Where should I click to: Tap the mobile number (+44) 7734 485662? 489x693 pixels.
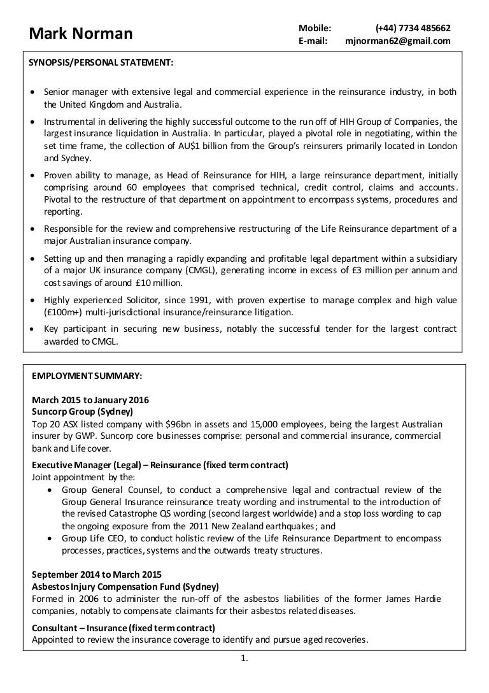point(413,28)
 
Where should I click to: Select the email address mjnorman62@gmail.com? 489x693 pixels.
point(397,41)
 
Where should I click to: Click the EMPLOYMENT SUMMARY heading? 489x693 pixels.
point(87,375)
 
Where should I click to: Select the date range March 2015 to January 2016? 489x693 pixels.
point(90,401)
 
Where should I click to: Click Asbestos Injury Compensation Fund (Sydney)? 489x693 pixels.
point(125,587)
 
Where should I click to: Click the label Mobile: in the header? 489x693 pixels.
point(315,28)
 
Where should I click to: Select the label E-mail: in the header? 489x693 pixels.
point(313,41)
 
